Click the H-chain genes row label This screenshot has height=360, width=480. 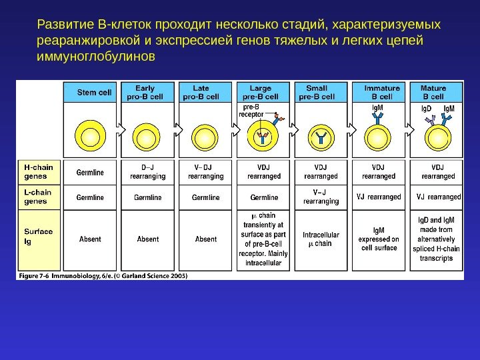click(x=38, y=171)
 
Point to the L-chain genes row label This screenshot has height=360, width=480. click(x=38, y=197)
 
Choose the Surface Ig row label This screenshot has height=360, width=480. click(x=38, y=236)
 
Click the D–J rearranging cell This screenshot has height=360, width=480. click(x=147, y=172)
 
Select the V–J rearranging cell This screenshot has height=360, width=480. click(x=321, y=197)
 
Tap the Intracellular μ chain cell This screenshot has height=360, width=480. click(x=321, y=239)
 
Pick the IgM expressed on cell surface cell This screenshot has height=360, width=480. click(x=379, y=239)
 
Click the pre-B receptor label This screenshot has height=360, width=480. click(x=252, y=110)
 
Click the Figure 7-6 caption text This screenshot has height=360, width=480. click(x=103, y=275)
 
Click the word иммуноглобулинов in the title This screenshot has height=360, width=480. click(x=96, y=57)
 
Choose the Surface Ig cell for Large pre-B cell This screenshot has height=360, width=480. click(x=263, y=239)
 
